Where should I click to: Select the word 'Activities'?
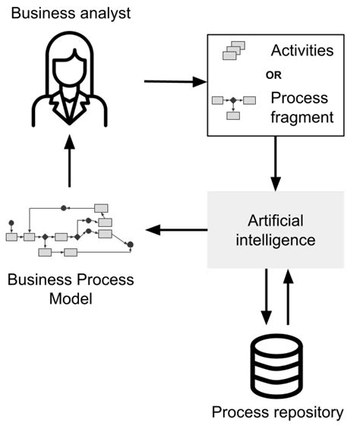tap(302, 51)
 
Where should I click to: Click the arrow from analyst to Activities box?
tap(175, 82)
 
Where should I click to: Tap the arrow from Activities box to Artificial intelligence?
tap(276, 163)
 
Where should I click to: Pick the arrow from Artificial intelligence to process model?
tap(176, 229)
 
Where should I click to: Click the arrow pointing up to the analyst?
tap(70, 161)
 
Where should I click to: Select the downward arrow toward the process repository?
tap(266, 297)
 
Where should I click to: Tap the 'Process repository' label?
tap(276, 412)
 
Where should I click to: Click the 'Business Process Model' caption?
tap(70, 289)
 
